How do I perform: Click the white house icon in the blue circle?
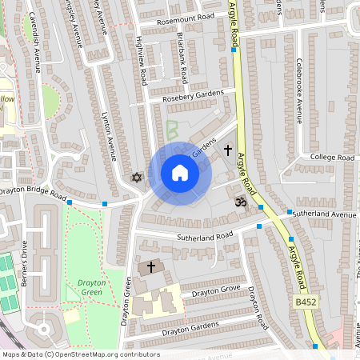(180, 173)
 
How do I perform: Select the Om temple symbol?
(237, 204)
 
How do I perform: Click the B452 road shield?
(306, 302)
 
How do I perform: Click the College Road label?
(332, 158)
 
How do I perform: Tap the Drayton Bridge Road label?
(32, 193)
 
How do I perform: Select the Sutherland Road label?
(205, 236)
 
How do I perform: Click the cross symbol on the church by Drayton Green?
(150, 266)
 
